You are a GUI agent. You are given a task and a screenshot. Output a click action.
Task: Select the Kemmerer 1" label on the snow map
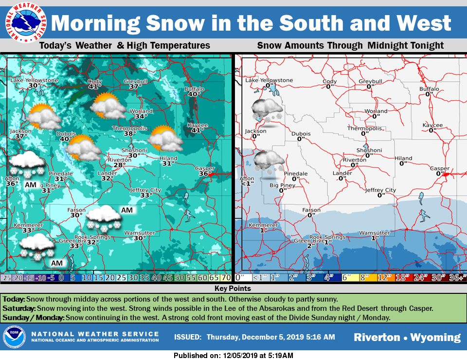(262, 228)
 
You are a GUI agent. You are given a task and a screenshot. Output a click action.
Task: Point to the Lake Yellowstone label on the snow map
(269, 80)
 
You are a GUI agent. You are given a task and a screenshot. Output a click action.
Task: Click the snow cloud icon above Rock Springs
(103, 217)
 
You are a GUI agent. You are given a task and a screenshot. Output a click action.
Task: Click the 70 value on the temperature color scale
(226, 278)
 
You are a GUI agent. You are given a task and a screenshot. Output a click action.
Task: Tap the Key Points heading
(234, 288)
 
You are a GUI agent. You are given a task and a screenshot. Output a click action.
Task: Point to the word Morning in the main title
(97, 23)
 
